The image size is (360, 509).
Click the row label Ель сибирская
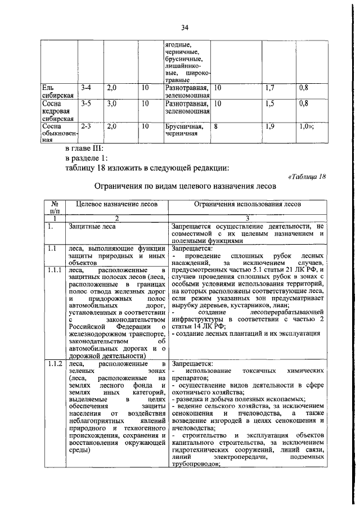(55, 92)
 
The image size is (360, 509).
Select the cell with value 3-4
(86, 88)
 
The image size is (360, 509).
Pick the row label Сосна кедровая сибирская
(56, 111)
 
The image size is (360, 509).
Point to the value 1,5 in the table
(270, 104)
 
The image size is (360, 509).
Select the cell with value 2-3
(86, 127)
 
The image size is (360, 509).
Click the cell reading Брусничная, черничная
(184, 131)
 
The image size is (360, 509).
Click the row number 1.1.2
(55, 364)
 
